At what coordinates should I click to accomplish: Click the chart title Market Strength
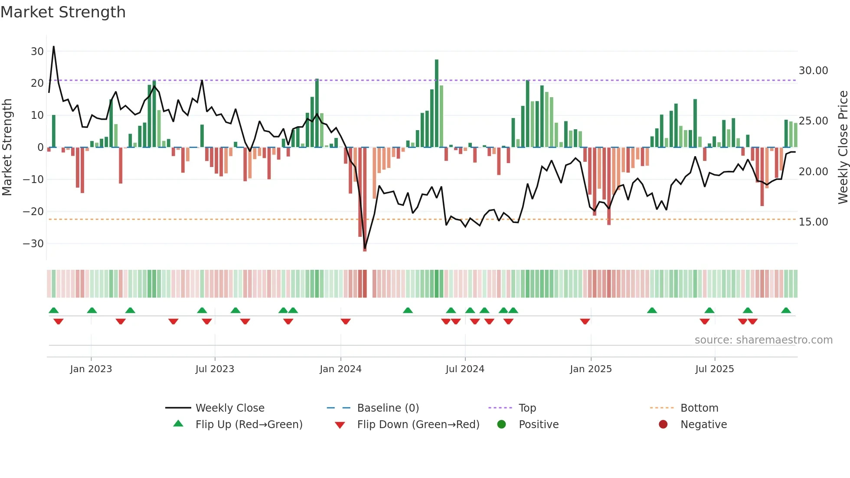click(x=63, y=12)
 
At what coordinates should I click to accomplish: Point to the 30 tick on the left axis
click(x=37, y=51)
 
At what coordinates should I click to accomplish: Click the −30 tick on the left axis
click(x=33, y=243)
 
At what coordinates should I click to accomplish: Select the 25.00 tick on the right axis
click(x=813, y=121)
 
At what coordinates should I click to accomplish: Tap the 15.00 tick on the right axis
click(x=813, y=222)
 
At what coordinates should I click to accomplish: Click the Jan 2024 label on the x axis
click(x=340, y=369)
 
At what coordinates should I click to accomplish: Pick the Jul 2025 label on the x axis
click(x=714, y=369)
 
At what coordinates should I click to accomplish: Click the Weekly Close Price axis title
click(x=843, y=147)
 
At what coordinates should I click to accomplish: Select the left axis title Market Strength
click(x=7, y=147)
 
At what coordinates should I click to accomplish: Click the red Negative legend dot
click(x=663, y=424)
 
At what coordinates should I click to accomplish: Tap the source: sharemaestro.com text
click(x=763, y=340)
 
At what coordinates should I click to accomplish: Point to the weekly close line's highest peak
click(x=53, y=47)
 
